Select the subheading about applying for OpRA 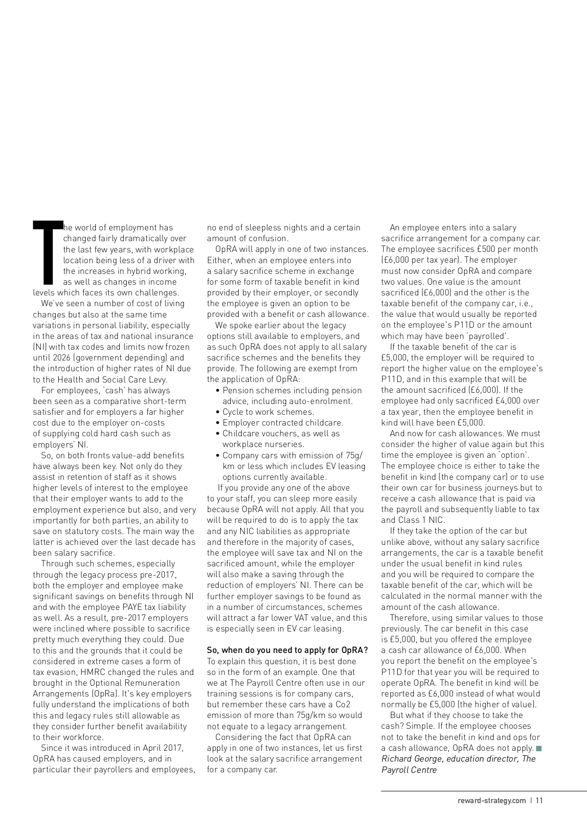click(x=287, y=650)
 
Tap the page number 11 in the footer click(x=539, y=801)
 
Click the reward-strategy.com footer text click(x=492, y=801)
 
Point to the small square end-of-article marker click(x=539, y=748)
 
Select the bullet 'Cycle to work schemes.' click(x=268, y=412)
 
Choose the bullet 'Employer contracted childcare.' click(x=283, y=423)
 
